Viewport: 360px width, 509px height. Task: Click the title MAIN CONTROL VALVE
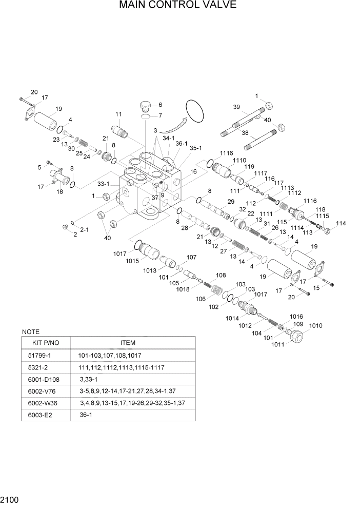[178, 6]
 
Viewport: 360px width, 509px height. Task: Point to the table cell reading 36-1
[86, 415]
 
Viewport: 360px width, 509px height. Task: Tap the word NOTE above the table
[31, 332]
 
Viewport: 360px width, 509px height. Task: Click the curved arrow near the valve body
[171, 125]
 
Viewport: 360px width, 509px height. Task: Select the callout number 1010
[315, 325]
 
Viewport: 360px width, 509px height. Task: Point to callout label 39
[236, 107]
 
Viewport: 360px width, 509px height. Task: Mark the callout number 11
[118, 114]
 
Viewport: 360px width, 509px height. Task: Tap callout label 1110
[239, 160]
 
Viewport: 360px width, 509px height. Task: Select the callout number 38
[245, 132]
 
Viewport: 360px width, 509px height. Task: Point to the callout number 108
[221, 275]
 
